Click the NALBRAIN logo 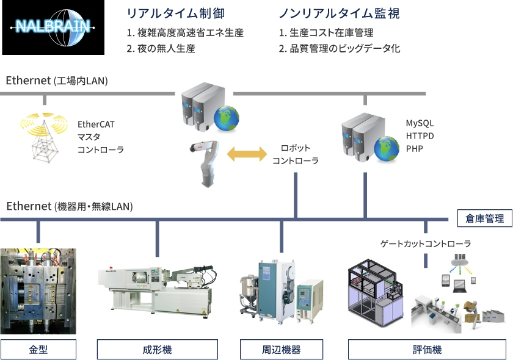(53, 27)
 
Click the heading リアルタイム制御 (176, 13)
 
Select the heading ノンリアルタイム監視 (340, 13)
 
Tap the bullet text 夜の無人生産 (166, 49)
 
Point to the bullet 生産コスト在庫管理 (332, 33)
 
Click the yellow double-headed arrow (247, 154)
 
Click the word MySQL (420, 123)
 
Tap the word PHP (414, 149)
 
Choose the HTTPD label (420, 136)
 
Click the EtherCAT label (96, 124)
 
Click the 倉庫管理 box (484, 218)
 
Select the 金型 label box (38, 350)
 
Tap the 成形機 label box (158, 350)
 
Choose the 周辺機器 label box (282, 350)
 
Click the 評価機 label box (428, 350)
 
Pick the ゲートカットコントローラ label (426, 243)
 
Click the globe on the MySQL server (387, 149)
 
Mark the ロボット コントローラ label (296, 154)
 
